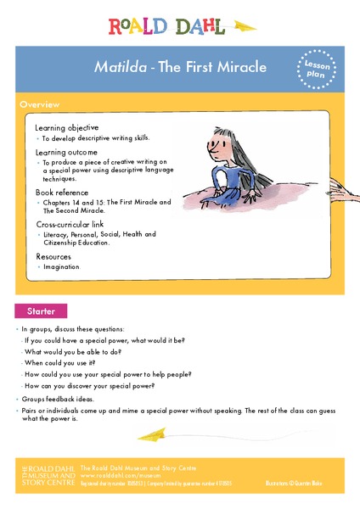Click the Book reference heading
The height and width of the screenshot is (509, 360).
[62, 193]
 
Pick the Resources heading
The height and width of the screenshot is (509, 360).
[53, 256]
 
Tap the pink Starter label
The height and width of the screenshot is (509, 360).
[41, 310]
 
